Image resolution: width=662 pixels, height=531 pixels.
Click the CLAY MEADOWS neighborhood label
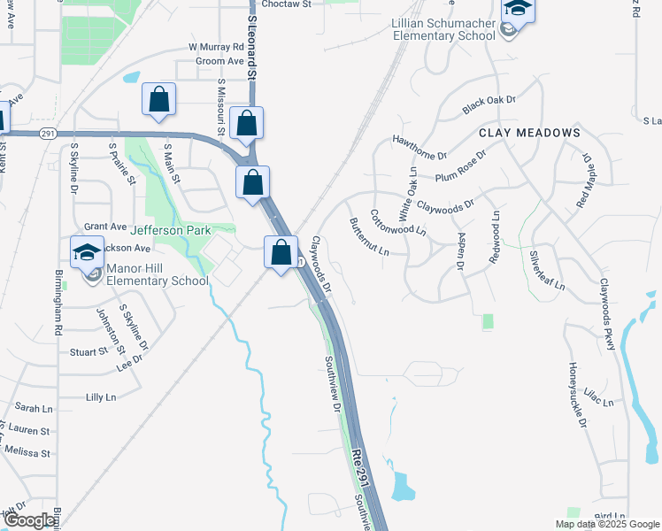(529, 133)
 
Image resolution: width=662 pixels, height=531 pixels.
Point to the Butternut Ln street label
(369, 237)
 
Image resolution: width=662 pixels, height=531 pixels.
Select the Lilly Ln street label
(100, 397)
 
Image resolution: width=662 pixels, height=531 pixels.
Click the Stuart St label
(88, 352)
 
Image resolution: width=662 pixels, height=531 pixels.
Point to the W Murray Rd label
(215, 46)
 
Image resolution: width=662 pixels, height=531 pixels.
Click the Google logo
(29, 519)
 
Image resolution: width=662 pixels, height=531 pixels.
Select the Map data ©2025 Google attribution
(608, 524)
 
